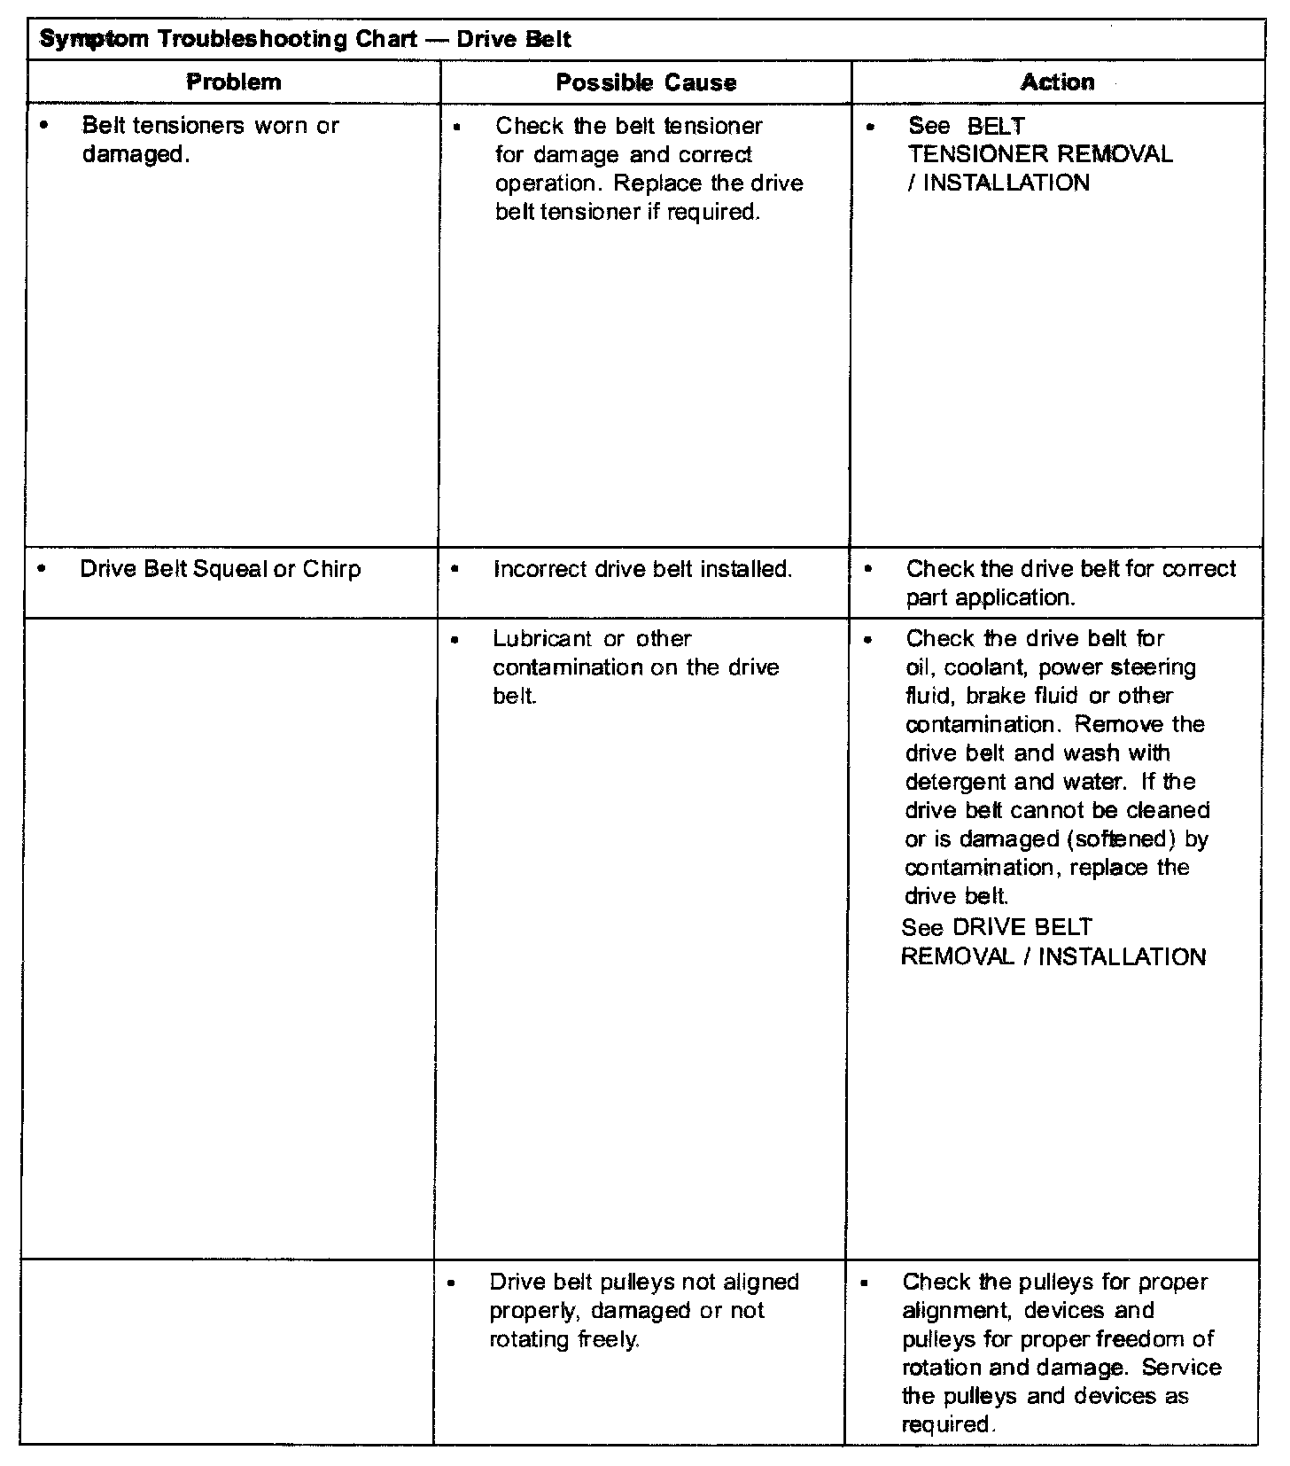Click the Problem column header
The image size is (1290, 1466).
tap(234, 82)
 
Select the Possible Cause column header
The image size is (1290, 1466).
tap(646, 82)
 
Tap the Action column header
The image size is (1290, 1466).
tap(1057, 82)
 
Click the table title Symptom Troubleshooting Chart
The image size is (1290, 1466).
tap(306, 40)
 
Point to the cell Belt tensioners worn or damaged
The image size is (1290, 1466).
tap(209, 140)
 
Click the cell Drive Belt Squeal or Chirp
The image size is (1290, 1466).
tap(220, 569)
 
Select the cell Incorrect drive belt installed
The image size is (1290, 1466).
tap(642, 569)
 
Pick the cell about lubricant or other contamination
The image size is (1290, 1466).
tap(635, 667)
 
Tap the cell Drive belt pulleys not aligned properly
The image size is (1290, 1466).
tap(644, 1310)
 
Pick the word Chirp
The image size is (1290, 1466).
tap(332, 569)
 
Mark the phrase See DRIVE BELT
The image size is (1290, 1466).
tap(997, 927)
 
